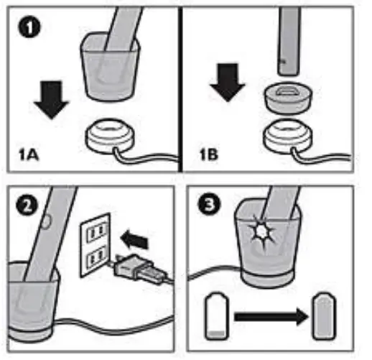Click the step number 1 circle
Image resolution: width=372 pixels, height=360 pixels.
coord(29,28)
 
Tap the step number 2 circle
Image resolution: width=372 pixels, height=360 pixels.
coord(27,206)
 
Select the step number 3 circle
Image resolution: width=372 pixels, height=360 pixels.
coord(209,205)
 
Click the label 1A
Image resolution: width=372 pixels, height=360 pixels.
coord(29,155)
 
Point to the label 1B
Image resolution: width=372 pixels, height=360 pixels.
coord(209,154)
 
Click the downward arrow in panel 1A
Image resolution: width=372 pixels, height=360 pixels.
coord(51,100)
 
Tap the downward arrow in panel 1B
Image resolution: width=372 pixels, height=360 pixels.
coord(228,82)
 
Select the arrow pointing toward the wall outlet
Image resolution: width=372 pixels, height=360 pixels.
coord(134,239)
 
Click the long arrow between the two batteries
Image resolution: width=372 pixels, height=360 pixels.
coord(271,317)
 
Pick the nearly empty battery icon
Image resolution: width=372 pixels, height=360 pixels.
coord(217,315)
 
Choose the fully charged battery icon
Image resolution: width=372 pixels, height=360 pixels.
coord(325,315)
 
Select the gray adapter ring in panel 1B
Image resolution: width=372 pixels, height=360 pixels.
coord(288,97)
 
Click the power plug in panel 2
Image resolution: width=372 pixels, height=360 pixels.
coord(137,269)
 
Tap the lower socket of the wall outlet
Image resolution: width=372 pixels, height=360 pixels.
coord(96,258)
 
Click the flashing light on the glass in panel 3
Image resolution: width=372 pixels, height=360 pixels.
coord(261,231)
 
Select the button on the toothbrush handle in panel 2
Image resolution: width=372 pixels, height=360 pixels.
coord(46,221)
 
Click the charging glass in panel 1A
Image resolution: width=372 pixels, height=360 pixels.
coord(110,66)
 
